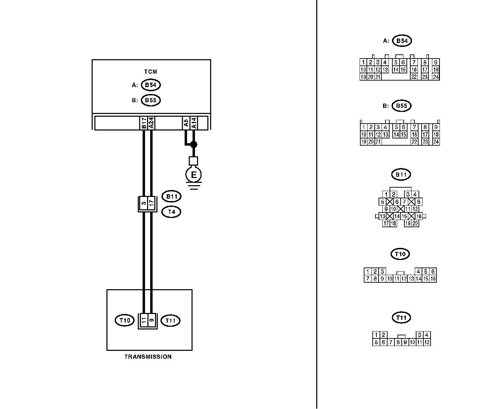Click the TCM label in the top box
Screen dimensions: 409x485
151,72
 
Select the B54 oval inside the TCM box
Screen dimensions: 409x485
151,85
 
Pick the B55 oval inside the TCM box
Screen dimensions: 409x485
151,100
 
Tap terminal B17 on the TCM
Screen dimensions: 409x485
144,123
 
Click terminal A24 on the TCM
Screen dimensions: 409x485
151,123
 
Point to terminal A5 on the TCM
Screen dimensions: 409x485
186,123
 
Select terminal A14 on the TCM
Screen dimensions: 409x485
194,123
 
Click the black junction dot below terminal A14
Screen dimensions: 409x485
194,144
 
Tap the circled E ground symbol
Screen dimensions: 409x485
194,175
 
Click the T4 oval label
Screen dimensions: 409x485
172,211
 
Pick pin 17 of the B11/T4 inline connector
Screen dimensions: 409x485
151,203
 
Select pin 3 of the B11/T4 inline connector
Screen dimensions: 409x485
144,203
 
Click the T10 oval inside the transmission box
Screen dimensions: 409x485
124,321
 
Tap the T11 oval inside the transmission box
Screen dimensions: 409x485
171,321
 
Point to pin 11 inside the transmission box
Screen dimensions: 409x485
144,321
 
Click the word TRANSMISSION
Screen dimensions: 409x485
148,357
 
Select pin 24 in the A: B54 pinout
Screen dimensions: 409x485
436,77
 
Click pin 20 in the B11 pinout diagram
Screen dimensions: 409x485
415,223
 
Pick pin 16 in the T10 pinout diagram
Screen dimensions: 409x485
433,279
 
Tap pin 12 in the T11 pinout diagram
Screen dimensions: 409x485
427,342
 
